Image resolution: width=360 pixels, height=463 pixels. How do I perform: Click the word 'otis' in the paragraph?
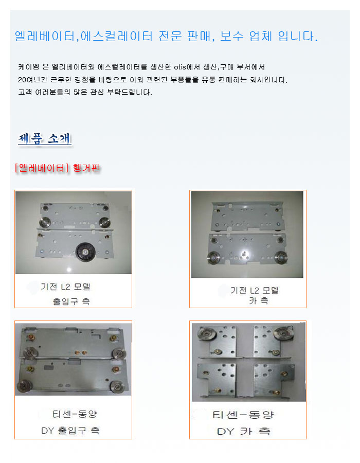tap(179, 67)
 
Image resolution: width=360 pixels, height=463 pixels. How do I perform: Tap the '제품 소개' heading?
tap(45, 138)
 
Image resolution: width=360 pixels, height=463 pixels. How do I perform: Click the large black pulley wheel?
tap(85, 252)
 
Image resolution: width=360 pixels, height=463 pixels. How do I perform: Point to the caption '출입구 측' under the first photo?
tap(71, 301)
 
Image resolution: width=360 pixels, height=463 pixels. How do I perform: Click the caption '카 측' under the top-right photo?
tap(259, 300)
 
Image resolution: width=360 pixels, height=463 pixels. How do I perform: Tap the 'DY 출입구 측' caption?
tap(70, 431)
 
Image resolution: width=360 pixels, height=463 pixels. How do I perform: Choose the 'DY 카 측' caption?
tap(243, 431)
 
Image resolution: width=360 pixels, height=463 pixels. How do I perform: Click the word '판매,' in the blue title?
tap(201, 37)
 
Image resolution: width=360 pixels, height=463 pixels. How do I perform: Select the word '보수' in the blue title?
tap(231, 37)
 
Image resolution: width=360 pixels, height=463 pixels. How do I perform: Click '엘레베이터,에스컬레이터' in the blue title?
tap(84, 37)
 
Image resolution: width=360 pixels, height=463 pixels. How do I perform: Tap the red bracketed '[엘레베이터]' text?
tap(42, 168)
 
